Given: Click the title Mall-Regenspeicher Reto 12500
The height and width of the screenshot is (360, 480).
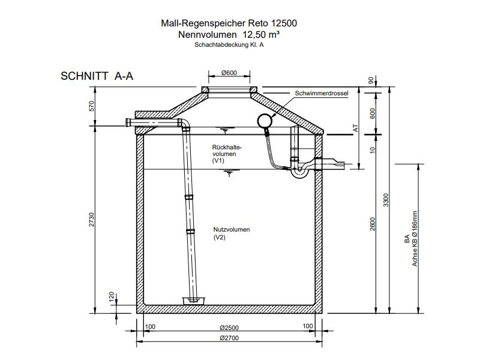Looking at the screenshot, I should pyautogui.click(x=229, y=24).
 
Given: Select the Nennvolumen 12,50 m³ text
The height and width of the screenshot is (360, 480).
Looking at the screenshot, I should pyautogui.click(x=229, y=35).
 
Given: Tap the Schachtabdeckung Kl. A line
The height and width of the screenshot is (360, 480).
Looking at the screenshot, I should pyautogui.click(x=229, y=44).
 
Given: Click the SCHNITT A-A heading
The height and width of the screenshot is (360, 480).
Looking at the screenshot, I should pyautogui.click(x=97, y=77).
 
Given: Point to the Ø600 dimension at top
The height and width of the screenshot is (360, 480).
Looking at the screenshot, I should pyautogui.click(x=229, y=73).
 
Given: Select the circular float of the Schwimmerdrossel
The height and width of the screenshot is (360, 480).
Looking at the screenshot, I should pyautogui.click(x=264, y=121).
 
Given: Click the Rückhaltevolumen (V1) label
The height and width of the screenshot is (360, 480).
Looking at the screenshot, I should pyautogui.click(x=226, y=154).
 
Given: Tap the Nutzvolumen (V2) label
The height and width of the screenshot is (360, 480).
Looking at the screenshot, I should pyautogui.click(x=231, y=233).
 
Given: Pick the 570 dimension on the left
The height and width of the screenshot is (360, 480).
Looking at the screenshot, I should pyautogui.click(x=92, y=106).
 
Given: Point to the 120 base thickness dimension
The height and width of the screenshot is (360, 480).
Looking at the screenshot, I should pyautogui.click(x=111, y=296).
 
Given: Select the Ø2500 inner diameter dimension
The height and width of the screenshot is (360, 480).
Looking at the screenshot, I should pyautogui.click(x=229, y=328).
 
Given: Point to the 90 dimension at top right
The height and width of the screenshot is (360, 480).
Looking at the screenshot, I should pyautogui.click(x=372, y=80).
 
